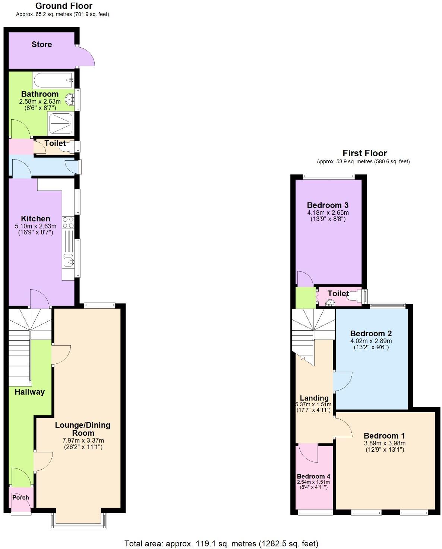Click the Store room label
click(41, 44)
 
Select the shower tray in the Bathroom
click(60, 123)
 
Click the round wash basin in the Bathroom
click(70, 100)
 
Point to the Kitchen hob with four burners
click(68, 223)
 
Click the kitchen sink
click(68, 262)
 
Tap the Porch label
click(20, 498)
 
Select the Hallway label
click(29, 392)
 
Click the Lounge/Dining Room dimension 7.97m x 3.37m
click(83, 441)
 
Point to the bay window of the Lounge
click(78, 526)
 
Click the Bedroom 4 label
click(313, 476)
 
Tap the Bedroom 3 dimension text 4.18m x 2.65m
click(328, 213)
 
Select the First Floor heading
click(364, 153)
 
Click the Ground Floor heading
click(64, 6)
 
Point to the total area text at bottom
click(221, 543)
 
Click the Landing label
click(314, 398)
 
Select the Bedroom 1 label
click(384, 436)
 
